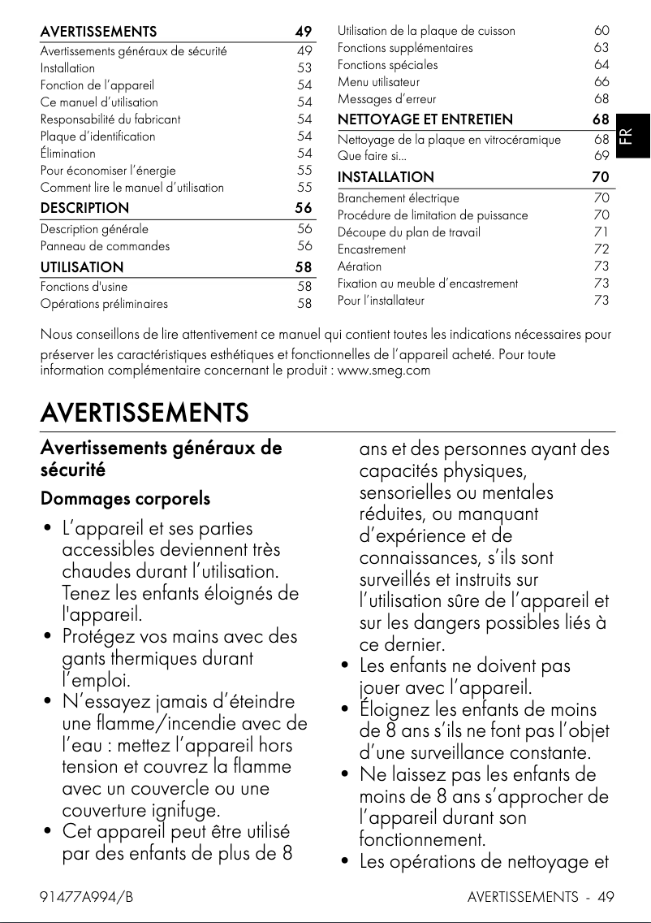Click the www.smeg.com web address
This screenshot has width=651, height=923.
point(383,371)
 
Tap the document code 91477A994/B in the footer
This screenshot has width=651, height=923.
point(87,897)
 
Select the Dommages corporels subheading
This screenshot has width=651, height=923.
point(125,498)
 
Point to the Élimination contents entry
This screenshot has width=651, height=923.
point(68,154)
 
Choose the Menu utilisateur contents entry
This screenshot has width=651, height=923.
point(378,82)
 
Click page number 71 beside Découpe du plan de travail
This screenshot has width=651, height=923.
point(601,232)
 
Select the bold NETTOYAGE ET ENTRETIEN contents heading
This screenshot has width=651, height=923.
point(425,120)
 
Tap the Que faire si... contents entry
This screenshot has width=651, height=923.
point(372,156)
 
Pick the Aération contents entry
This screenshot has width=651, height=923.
point(359,266)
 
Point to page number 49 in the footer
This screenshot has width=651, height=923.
point(605,897)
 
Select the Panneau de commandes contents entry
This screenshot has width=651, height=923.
point(105,246)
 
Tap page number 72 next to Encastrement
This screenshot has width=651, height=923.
point(601,249)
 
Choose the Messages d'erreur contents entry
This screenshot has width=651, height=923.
point(386,99)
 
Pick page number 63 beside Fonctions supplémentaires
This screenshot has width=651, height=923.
point(601,48)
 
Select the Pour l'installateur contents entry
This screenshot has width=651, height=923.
point(381,301)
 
